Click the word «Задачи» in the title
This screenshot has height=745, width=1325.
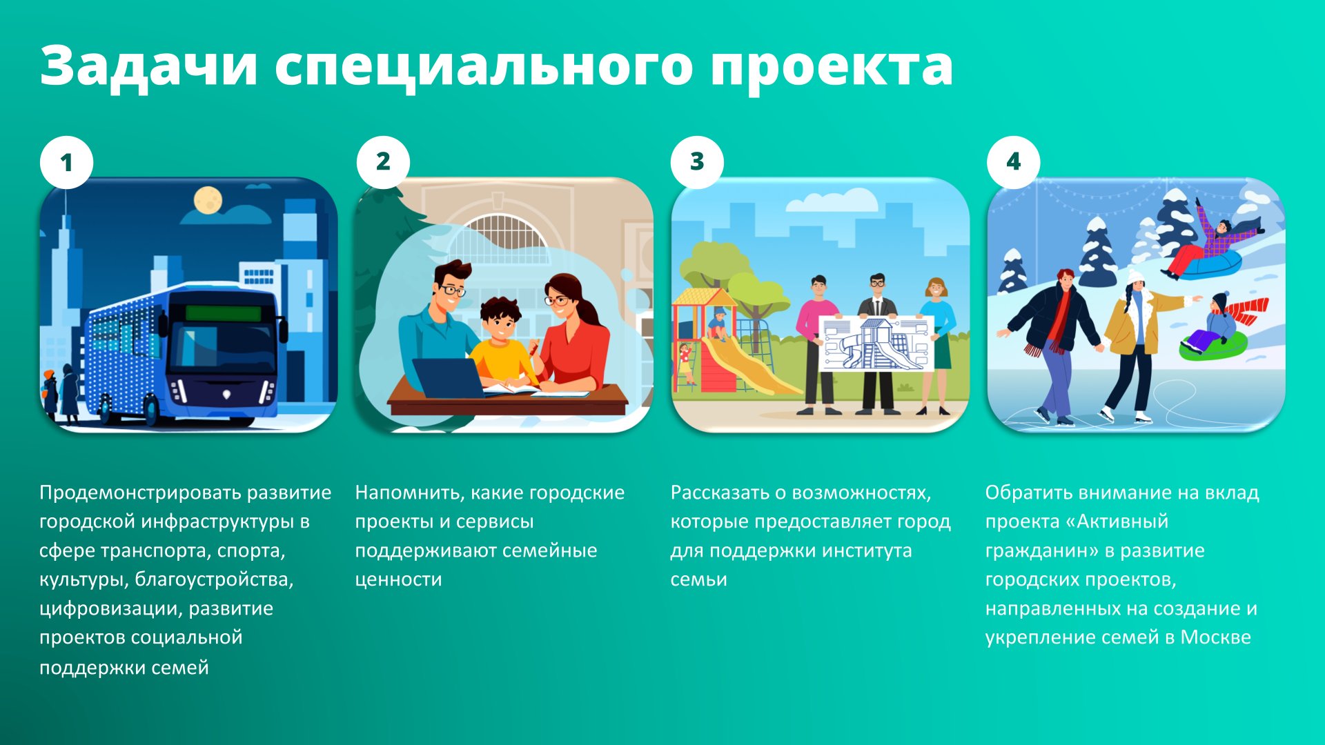point(149,66)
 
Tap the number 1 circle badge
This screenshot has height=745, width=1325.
point(66,163)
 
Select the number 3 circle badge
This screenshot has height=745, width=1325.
point(697,162)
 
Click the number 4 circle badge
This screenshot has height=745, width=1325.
point(1013,162)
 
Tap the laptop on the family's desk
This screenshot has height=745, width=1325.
point(449,378)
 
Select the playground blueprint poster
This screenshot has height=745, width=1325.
point(876,344)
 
